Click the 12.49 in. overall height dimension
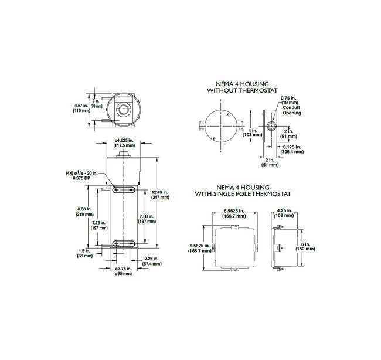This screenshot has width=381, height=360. point(160,195)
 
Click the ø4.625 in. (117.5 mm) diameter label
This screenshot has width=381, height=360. point(124,142)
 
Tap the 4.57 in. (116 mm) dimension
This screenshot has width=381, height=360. point(80,108)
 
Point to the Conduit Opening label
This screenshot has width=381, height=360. point(291,110)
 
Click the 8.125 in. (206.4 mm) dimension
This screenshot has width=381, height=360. point(292,149)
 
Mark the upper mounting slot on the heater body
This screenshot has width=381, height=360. point(123,189)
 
